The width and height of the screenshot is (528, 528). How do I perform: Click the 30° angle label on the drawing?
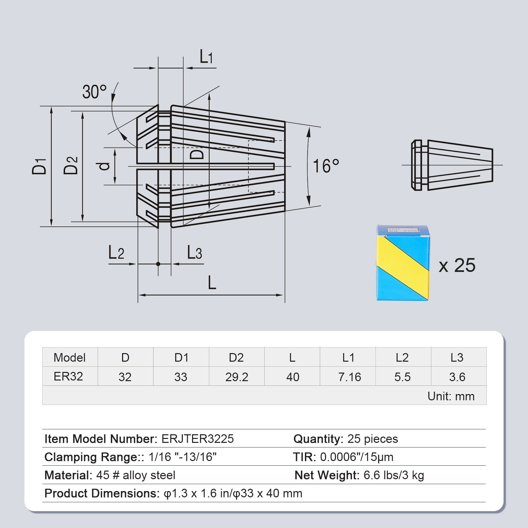94,92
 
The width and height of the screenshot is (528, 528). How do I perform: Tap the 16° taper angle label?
326,166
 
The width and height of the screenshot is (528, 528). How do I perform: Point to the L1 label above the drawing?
206,57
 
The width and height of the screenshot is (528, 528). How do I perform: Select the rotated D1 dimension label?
39,166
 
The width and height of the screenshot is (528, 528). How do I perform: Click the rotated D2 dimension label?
71,165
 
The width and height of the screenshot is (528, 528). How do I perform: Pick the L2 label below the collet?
116,253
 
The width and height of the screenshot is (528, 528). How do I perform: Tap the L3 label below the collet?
194,252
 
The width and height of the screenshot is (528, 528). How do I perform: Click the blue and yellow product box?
403,263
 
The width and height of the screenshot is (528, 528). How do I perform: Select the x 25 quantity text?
457,265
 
